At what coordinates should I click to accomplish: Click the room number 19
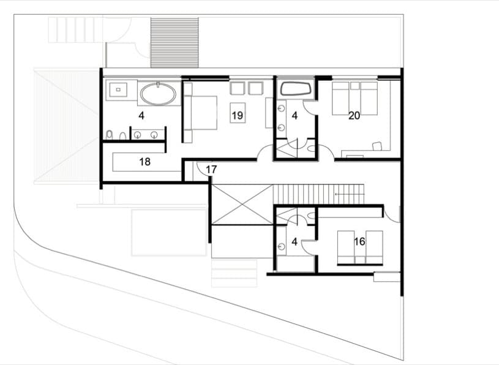[x=238, y=115]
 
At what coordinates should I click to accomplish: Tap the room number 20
[x=354, y=116]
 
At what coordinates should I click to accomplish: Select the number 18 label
[x=144, y=162]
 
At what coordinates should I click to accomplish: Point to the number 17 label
[x=211, y=169]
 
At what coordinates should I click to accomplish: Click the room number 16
[x=359, y=241]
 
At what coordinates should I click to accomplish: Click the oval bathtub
[x=158, y=94]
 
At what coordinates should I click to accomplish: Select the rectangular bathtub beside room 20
[x=296, y=89]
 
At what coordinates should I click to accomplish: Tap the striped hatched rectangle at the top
[x=174, y=43]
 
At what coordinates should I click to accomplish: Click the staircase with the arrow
[x=318, y=194]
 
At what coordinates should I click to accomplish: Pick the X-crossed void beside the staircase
[x=242, y=205]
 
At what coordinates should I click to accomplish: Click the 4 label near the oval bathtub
[x=141, y=116]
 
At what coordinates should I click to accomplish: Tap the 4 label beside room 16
[x=295, y=242]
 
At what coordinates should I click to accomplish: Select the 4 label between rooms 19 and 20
[x=295, y=116]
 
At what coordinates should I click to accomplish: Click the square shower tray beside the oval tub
[x=118, y=90]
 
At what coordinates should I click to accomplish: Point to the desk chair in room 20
[x=377, y=146]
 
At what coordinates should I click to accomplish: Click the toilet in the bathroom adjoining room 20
[x=311, y=148]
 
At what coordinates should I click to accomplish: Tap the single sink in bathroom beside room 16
[x=281, y=246]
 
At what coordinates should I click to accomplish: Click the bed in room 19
[x=200, y=113]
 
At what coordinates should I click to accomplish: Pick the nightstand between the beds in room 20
[x=355, y=86]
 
